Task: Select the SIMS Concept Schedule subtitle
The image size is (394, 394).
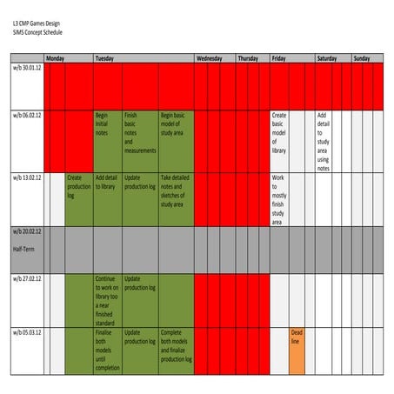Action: pyautogui.click(x=37, y=32)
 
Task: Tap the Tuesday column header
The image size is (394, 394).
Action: pyautogui.click(x=106, y=58)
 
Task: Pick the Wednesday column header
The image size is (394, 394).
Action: pyautogui.click(x=210, y=58)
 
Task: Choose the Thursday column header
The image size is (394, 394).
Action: pyautogui.click(x=248, y=58)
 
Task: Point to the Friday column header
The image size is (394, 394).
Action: pyautogui.click(x=279, y=58)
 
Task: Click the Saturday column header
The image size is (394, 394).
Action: pyautogui.click(x=327, y=58)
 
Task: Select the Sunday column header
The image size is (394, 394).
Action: pyautogui.click(x=361, y=58)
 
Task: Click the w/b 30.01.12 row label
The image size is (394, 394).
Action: pyautogui.click(x=27, y=66)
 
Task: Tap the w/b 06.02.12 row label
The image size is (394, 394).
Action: pyautogui.click(x=27, y=114)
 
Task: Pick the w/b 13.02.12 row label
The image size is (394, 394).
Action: pyautogui.click(x=27, y=177)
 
